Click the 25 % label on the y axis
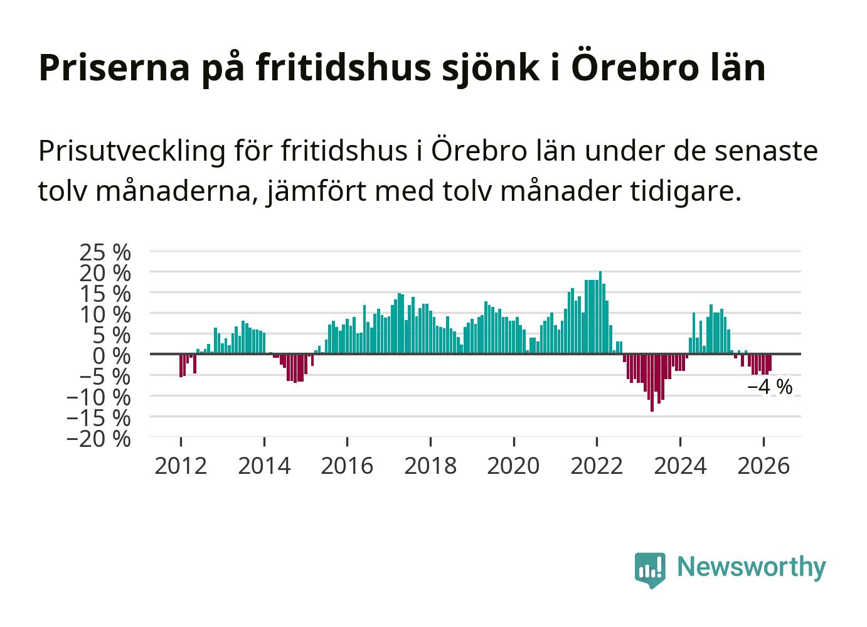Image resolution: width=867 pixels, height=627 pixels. pyautogui.click(x=105, y=252)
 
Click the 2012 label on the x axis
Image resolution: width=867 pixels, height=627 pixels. pyautogui.click(x=181, y=466)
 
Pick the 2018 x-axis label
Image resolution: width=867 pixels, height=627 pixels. pyautogui.click(x=430, y=466)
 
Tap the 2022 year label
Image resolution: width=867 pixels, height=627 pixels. pyautogui.click(x=597, y=466)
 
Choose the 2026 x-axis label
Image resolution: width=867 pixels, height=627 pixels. pyautogui.click(x=763, y=466)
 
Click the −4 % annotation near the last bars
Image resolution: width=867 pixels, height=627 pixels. pyautogui.click(x=770, y=387)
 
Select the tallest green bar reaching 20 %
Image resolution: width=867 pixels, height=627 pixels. pyautogui.click(x=600, y=313)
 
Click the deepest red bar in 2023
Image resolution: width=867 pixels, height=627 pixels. pyautogui.click(x=652, y=382)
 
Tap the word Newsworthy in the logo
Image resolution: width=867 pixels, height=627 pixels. pyautogui.click(x=752, y=567)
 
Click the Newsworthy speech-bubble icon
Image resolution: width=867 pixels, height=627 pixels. pyautogui.click(x=650, y=569)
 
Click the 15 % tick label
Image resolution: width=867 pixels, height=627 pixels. pyautogui.click(x=105, y=294)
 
